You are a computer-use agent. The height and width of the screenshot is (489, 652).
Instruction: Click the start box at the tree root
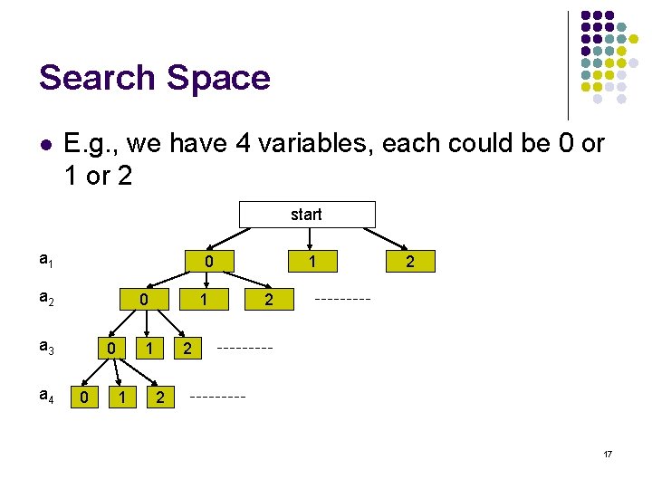[306, 215]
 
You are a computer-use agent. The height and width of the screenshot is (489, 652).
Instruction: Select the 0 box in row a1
[208, 262]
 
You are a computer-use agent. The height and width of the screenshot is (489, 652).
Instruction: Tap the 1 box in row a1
[312, 262]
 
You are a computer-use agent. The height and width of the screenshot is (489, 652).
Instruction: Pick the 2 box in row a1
[410, 262]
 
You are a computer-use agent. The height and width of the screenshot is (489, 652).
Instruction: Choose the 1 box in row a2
[206, 299]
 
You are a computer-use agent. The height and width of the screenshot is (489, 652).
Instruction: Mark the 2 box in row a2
[269, 299]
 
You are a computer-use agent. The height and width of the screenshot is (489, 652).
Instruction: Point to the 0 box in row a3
[110, 349]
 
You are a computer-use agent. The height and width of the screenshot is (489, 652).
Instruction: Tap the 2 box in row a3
[187, 349]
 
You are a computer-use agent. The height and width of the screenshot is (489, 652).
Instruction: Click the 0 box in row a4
[84, 397]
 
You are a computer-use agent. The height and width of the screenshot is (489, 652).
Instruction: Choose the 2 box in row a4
[159, 397]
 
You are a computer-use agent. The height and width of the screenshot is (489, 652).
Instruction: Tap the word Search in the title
[92, 78]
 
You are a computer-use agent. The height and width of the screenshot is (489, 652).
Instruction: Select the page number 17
[608, 453]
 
